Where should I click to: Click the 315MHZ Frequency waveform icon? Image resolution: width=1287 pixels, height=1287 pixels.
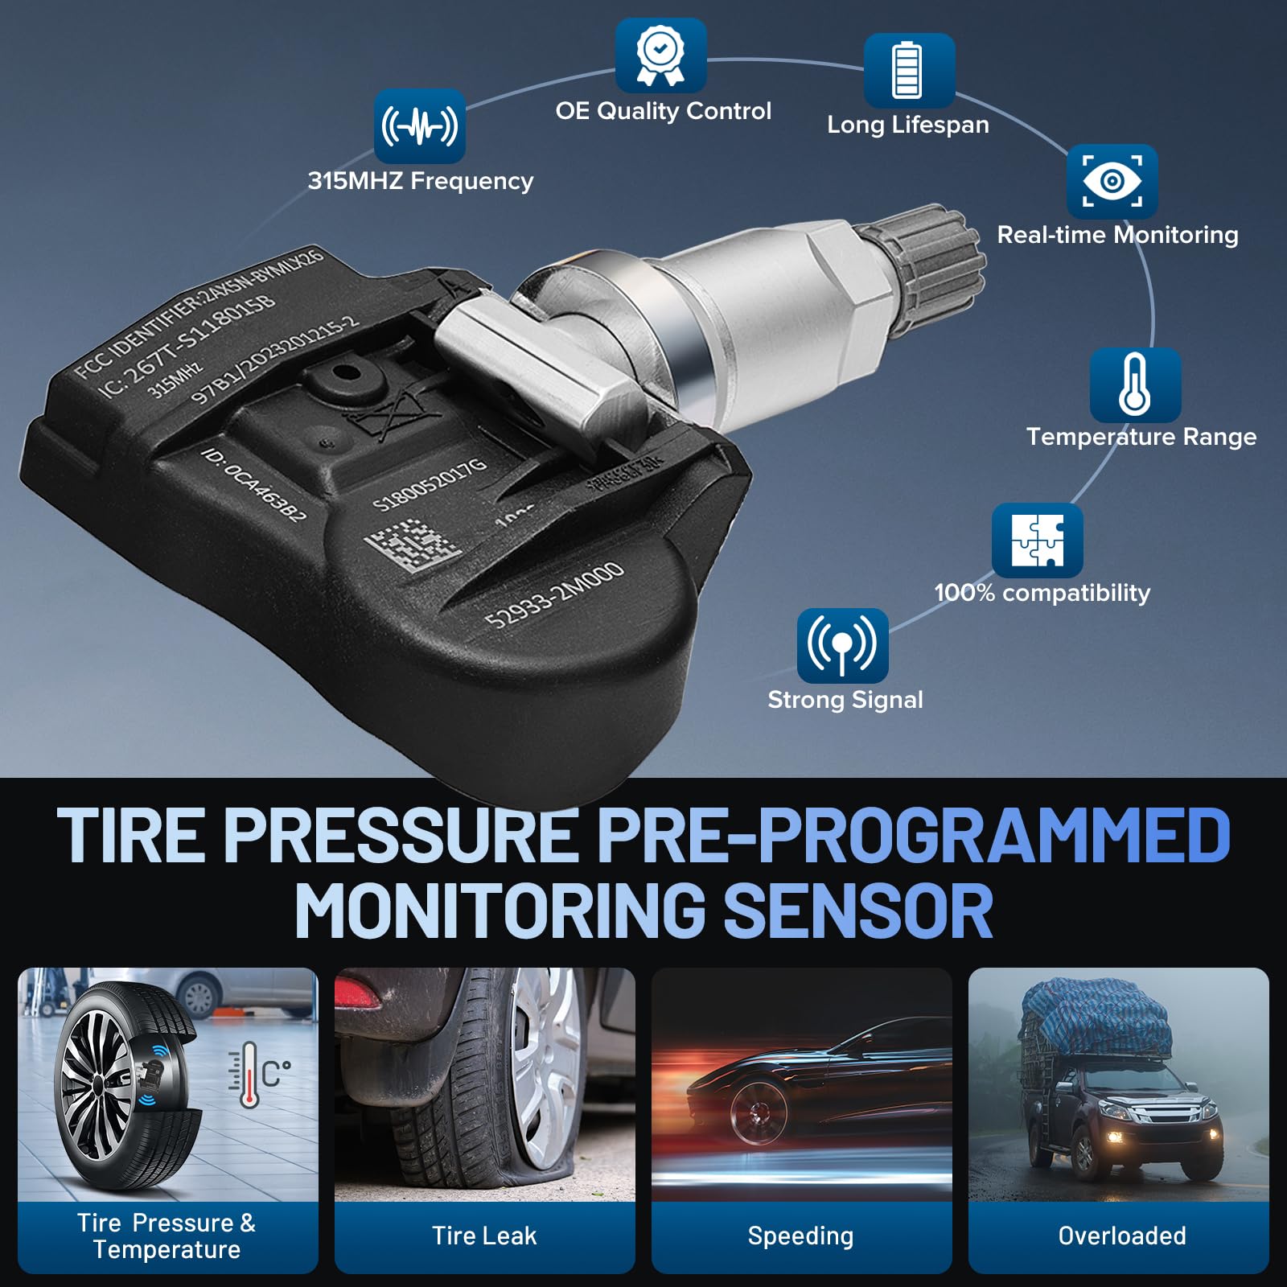tap(419, 126)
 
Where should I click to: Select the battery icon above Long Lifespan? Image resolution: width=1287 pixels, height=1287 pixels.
tap(908, 71)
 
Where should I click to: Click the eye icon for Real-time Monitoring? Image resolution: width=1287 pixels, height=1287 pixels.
tap(1112, 181)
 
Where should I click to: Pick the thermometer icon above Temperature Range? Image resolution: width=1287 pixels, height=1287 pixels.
tap(1134, 384)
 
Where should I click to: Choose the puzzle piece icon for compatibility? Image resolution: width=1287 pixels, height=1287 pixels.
tap(1037, 540)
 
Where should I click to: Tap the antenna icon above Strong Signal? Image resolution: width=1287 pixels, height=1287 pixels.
tap(842, 645)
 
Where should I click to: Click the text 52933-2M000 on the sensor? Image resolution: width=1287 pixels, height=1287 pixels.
tap(554, 595)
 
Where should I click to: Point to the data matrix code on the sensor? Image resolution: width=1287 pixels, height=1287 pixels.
tap(413, 545)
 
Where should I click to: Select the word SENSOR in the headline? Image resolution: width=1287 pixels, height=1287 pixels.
tap(858, 911)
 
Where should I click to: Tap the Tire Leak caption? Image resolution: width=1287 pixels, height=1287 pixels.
tap(484, 1236)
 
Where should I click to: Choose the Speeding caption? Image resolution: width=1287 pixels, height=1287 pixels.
tap(800, 1236)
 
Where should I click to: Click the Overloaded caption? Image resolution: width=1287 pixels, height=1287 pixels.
tap(1121, 1236)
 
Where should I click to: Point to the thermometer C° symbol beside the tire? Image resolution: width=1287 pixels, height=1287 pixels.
tap(259, 1075)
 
